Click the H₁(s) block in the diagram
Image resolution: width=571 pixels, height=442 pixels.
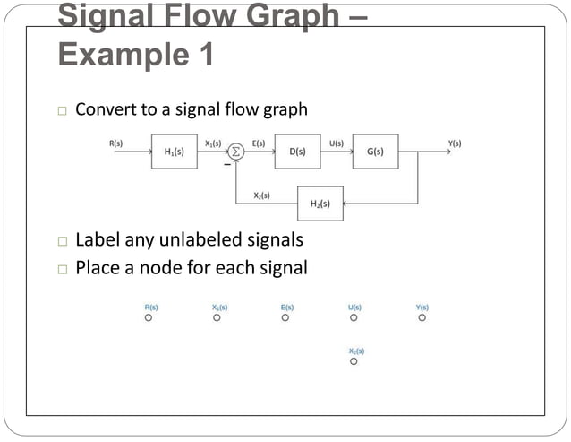[175, 152]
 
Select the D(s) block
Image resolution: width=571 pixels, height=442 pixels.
[298, 152]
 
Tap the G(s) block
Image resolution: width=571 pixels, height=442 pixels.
[375, 152]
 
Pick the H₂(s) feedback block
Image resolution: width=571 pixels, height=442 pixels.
[320, 204]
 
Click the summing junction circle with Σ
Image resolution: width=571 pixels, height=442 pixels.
[236, 152]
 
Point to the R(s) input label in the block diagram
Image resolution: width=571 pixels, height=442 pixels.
[116, 143]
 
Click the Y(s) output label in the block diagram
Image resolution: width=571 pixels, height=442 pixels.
[455, 143]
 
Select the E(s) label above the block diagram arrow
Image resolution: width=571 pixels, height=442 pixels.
[259, 143]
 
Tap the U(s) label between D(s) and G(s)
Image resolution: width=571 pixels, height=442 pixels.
[337, 143]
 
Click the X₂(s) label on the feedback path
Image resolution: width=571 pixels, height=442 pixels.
[262, 195]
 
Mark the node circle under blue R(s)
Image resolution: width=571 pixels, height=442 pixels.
[149, 317]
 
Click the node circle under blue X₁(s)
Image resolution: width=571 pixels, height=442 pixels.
[217, 317]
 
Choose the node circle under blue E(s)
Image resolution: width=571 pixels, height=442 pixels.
[285, 317]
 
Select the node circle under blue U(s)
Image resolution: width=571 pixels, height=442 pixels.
[354, 317]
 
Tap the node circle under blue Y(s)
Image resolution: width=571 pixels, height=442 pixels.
[422, 317]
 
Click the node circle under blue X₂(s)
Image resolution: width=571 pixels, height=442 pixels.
[354, 361]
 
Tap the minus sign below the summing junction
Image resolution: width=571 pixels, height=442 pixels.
[226, 165]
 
